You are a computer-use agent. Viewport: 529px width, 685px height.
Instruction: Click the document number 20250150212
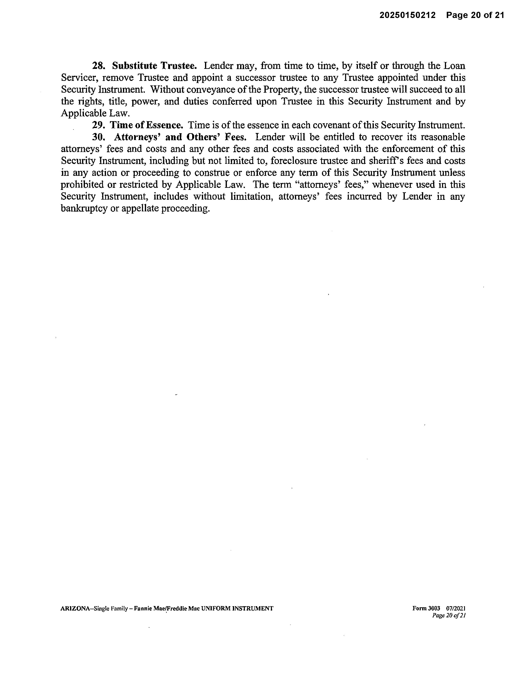[x=407, y=15]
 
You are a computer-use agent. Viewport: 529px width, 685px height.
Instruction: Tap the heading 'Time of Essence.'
[x=146, y=125]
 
